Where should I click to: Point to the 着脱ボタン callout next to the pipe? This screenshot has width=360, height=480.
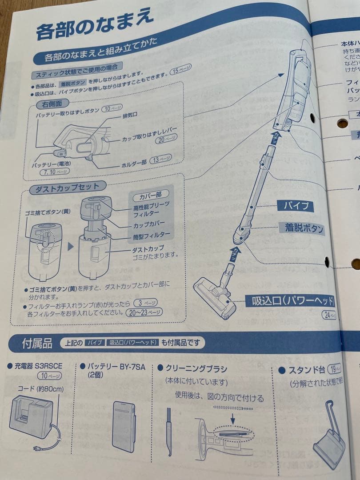click(304, 229)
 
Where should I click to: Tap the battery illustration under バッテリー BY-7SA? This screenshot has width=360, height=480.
click(124, 426)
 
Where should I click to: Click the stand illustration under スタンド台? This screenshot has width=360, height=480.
click(330, 433)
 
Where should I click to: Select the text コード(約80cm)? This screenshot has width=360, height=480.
click(40, 389)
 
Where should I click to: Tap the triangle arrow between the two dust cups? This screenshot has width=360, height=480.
click(70, 246)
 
